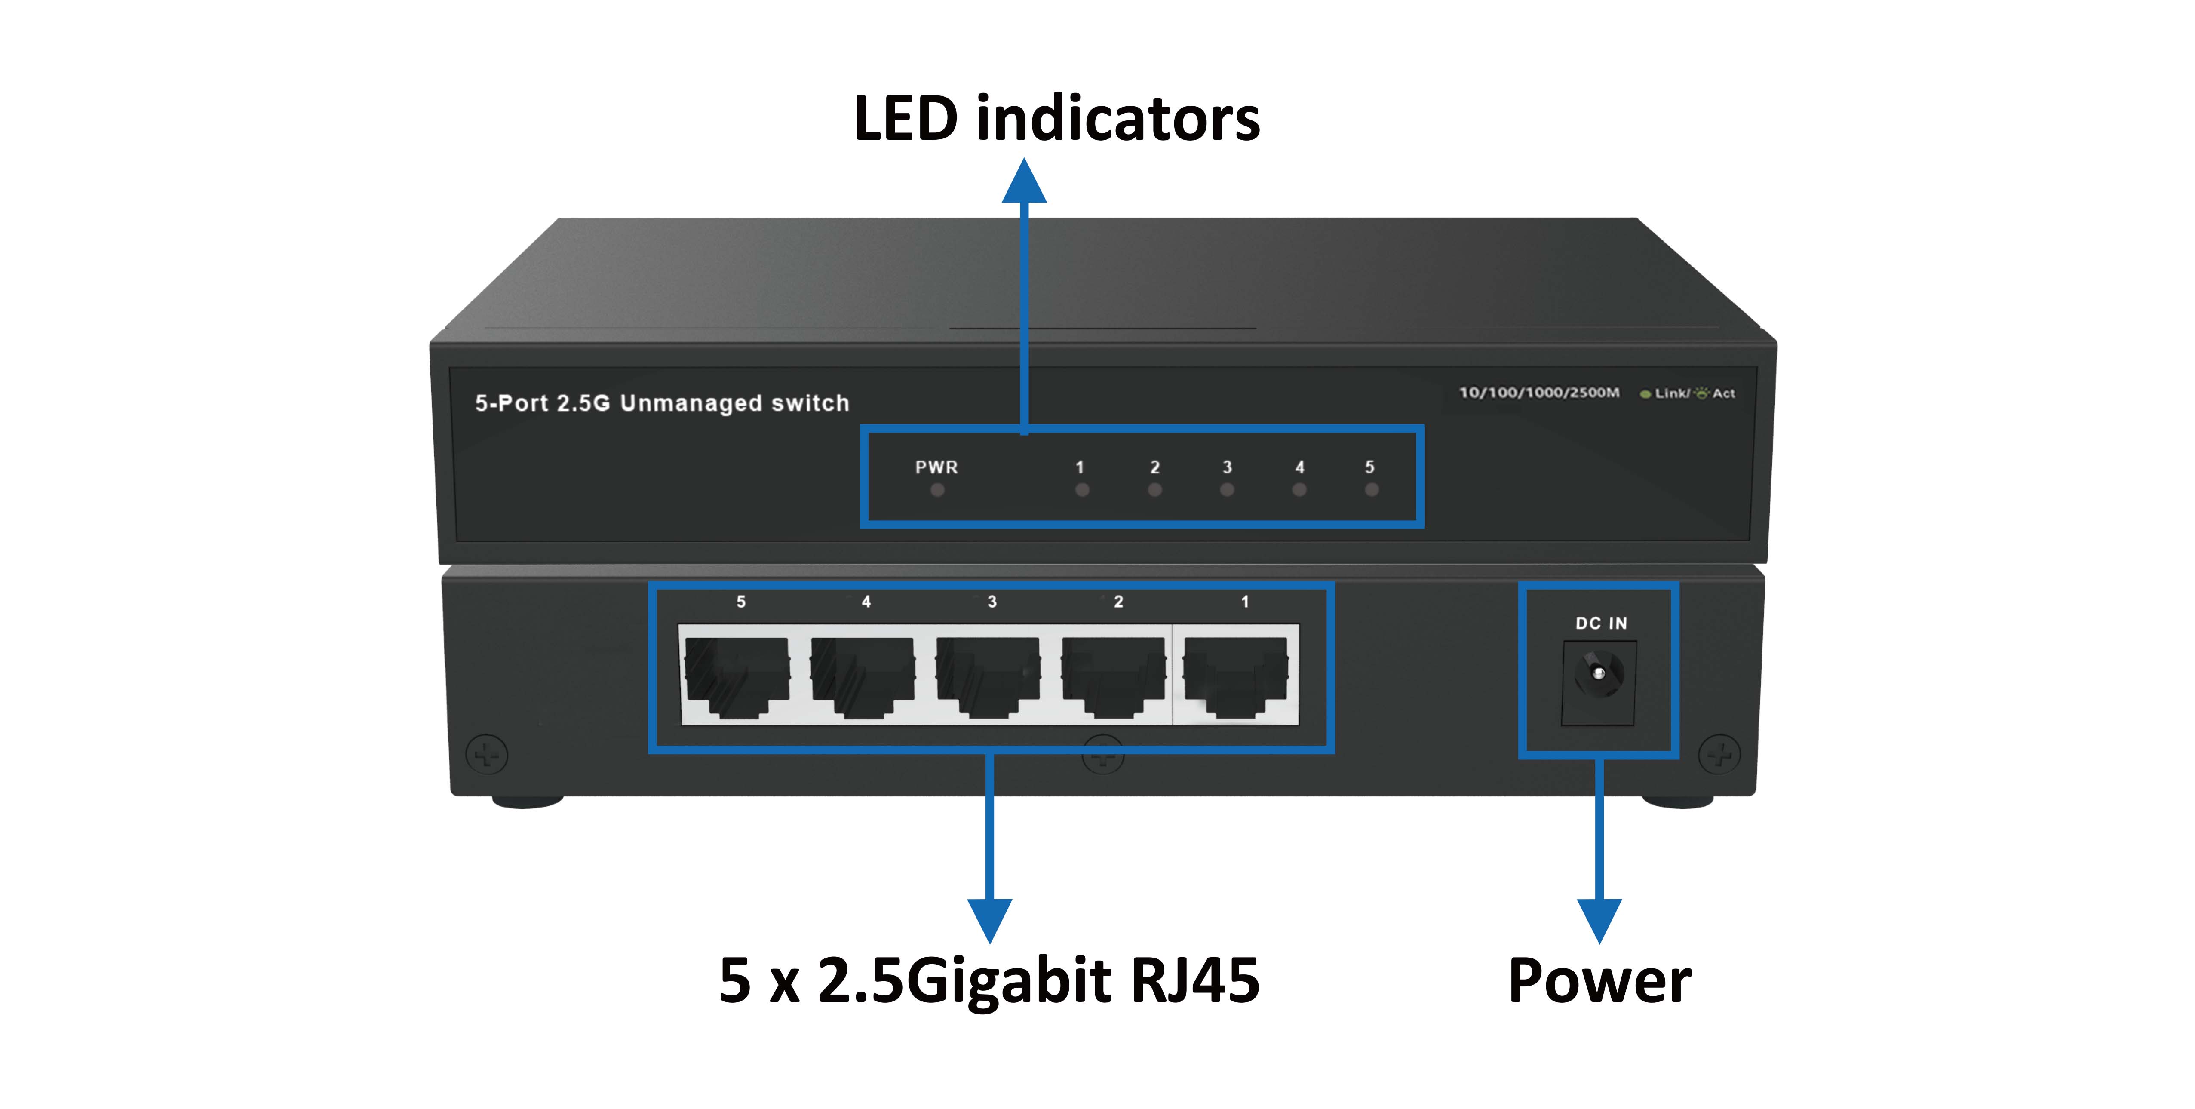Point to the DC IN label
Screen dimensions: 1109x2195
(x=1600, y=623)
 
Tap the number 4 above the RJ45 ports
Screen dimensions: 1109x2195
(x=866, y=602)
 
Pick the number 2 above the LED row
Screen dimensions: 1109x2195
(x=1154, y=467)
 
